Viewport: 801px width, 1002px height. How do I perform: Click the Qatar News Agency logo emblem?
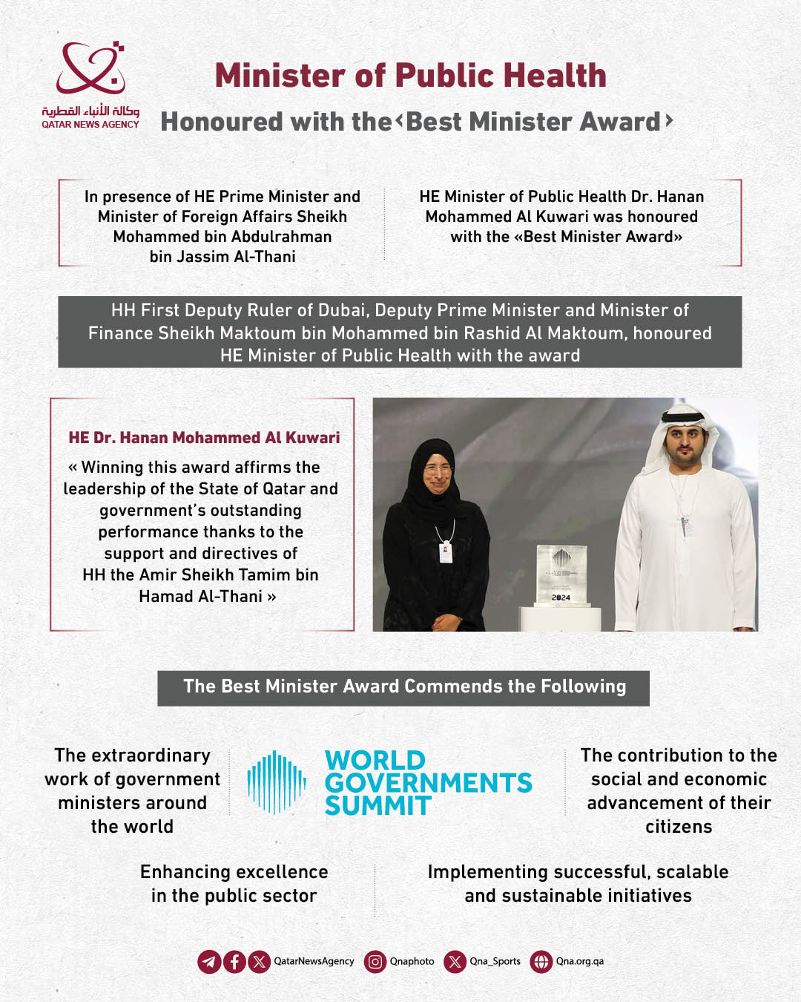coord(90,68)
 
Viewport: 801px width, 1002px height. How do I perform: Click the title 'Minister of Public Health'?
coord(410,76)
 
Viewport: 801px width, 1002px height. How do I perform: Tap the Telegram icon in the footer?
coord(209,962)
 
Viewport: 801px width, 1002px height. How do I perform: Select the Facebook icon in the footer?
coord(234,962)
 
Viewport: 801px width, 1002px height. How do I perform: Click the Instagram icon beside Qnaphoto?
coord(375,962)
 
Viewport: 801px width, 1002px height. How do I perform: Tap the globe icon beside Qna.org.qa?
coord(541,962)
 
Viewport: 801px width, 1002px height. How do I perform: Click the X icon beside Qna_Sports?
coord(455,962)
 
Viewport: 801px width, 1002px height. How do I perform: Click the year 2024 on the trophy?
coord(561,597)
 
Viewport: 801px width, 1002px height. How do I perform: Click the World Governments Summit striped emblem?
coord(277,782)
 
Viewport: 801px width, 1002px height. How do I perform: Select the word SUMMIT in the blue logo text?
coord(378,806)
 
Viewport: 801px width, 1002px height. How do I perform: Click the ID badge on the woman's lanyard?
coord(446,552)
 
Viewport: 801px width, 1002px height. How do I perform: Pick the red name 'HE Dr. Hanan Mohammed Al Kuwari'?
coord(204,438)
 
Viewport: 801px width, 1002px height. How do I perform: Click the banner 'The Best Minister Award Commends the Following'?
coord(404,687)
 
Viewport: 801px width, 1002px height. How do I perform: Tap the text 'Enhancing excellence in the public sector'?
coord(234,884)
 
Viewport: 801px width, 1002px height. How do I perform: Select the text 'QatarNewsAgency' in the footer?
coord(314,962)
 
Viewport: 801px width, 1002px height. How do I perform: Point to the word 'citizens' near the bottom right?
coord(679,827)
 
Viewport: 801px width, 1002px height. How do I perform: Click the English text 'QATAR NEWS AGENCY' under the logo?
coord(90,125)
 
